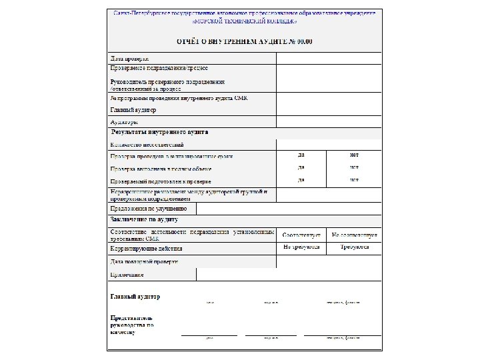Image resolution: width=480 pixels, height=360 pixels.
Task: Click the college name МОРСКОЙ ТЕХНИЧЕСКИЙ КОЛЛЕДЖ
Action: point(244,21)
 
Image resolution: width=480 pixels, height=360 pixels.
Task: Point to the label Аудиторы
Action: point(124,122)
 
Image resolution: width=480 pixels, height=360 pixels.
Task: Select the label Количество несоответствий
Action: point(146,145)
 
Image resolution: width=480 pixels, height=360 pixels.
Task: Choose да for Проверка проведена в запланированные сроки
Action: point(301,155)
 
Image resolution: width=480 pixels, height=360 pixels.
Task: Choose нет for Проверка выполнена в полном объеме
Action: point(354,167)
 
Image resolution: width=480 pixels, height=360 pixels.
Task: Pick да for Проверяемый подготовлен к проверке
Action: point(301,179)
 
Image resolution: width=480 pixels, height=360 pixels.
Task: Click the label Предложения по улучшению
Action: point(148,209)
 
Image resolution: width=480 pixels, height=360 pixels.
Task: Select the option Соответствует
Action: point(302,235)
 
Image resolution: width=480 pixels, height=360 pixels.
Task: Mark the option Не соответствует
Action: point(354,235)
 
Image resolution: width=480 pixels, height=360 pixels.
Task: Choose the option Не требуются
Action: point(301,247)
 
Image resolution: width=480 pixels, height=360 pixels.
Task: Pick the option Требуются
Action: point(354,247)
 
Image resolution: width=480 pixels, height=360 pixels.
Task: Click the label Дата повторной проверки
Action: point(144,262)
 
